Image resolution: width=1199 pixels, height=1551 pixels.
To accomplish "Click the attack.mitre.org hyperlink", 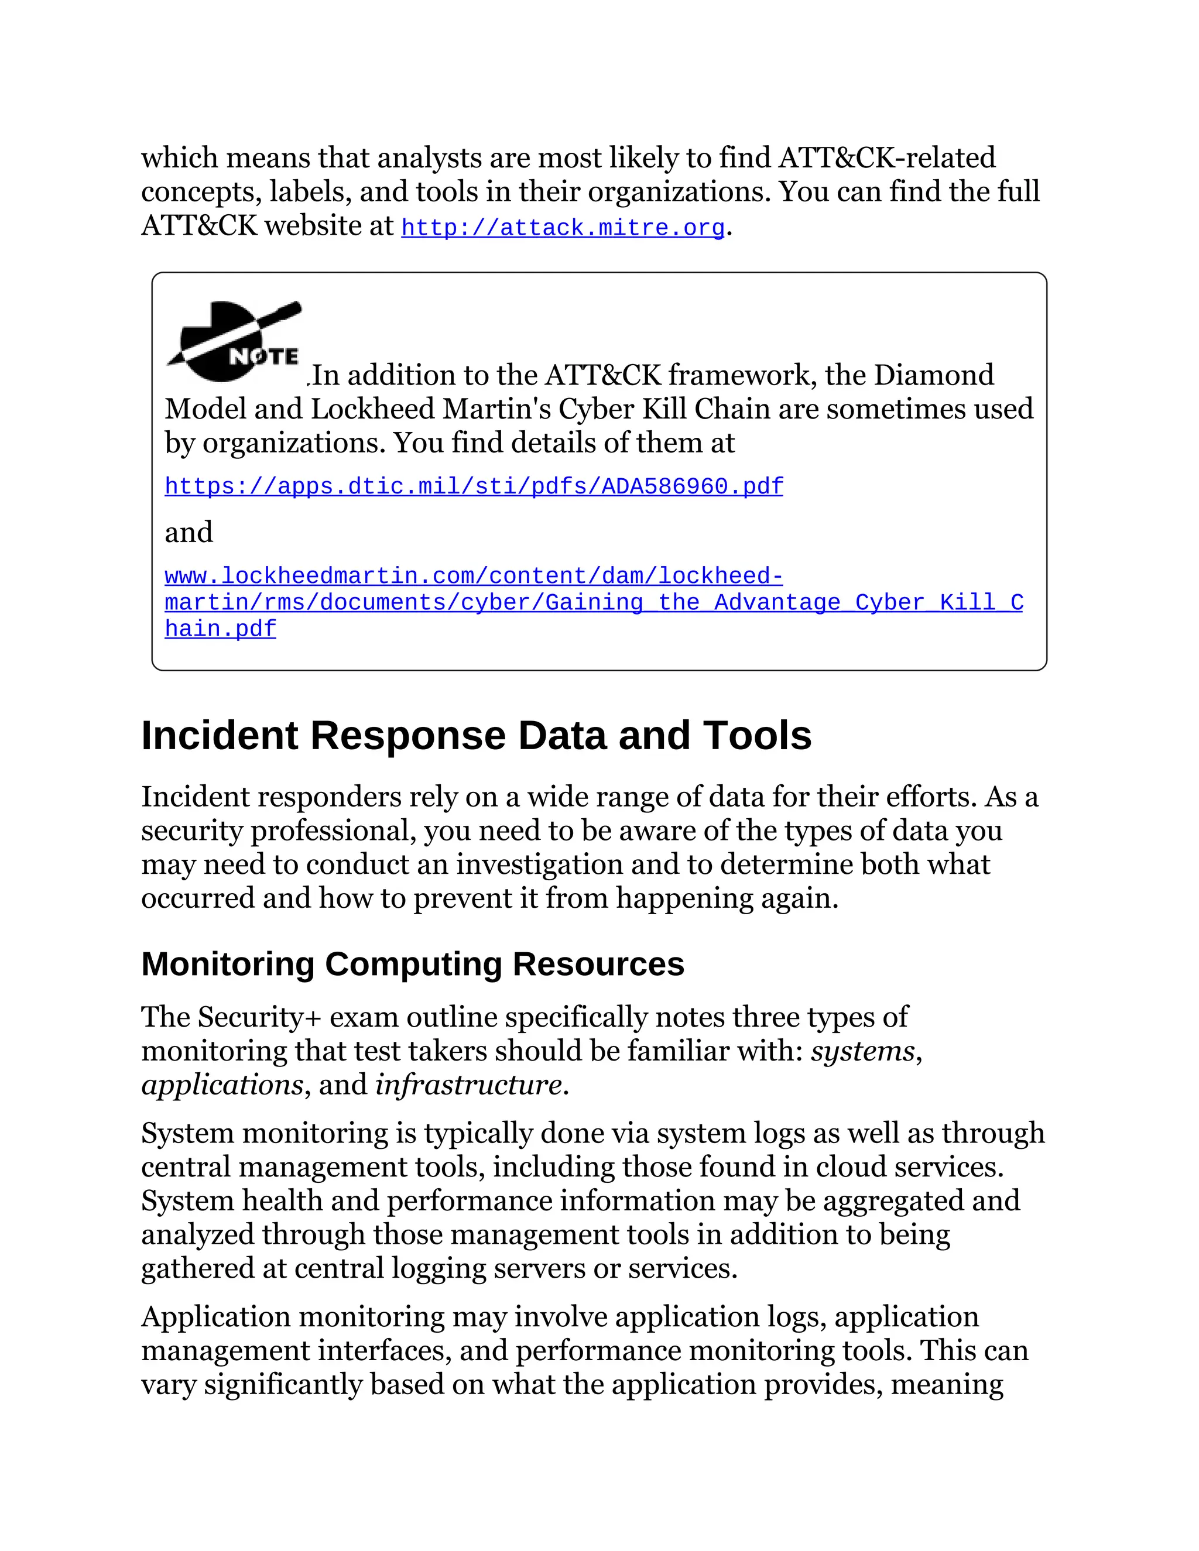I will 563,228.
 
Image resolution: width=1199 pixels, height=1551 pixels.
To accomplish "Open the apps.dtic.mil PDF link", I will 474,486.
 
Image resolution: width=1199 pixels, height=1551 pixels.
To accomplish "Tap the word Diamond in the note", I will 933,375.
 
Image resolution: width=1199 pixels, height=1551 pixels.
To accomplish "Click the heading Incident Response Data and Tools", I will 476,735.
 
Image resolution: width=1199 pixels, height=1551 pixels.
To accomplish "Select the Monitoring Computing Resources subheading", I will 413,964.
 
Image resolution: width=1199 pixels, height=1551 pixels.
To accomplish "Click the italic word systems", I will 862,1051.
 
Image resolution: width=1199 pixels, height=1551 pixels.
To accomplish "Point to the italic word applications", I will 222,1085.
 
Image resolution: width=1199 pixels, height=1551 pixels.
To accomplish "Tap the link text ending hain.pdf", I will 220,629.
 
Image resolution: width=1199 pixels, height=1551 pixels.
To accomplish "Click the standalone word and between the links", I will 189,532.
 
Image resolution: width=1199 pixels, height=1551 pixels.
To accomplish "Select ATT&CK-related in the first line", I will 886,157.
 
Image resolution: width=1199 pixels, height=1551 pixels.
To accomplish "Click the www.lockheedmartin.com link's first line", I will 474,576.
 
